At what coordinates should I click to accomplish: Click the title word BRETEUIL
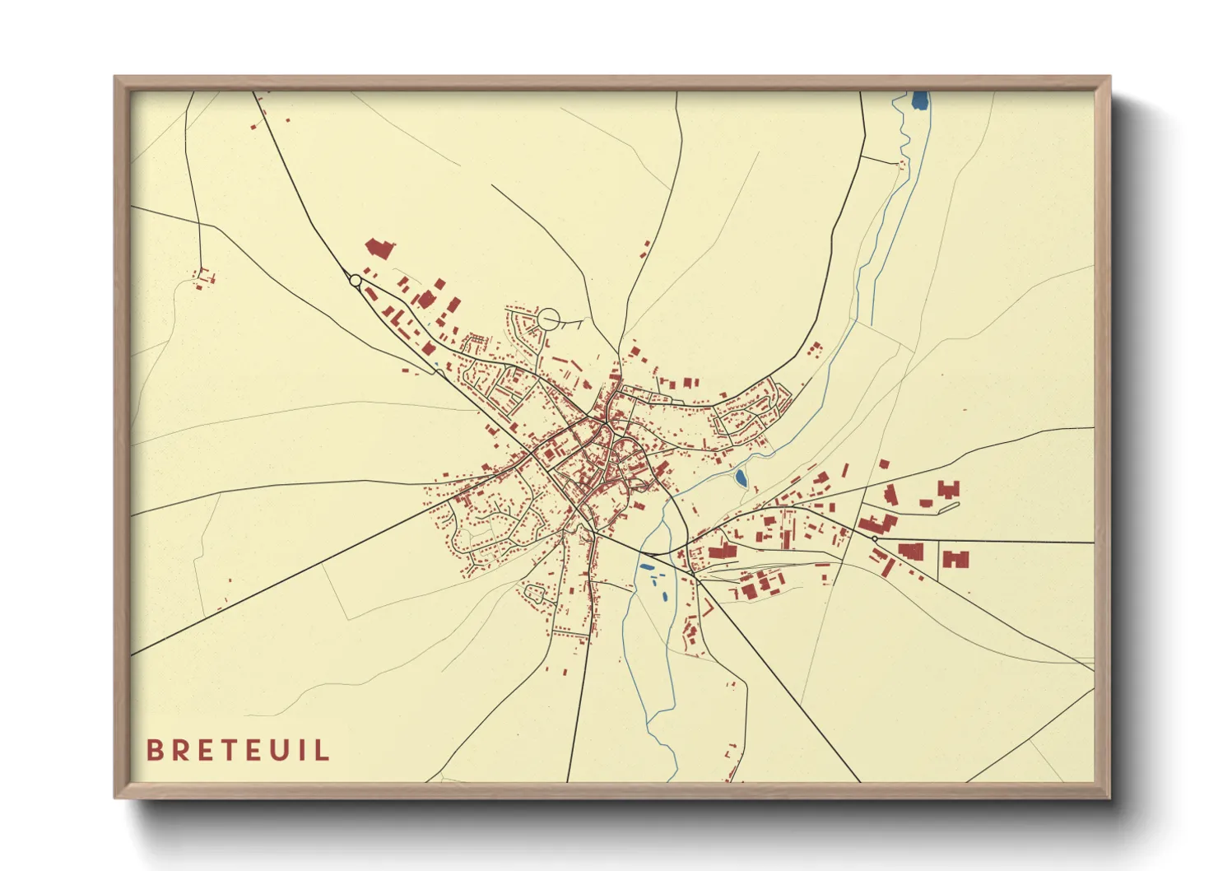coord(238,751)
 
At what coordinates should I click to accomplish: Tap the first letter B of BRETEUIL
coord(153,751)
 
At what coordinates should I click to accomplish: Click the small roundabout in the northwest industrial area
coord(356,281)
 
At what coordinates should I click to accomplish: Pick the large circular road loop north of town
coord(548,319)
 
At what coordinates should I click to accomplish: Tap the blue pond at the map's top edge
coord(919,101)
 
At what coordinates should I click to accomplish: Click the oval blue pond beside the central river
coord(740,477)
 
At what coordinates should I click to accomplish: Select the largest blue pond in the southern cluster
coord(646,567)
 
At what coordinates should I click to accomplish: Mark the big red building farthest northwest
coord(379,248)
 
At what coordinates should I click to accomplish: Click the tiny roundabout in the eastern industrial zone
coord(874,538)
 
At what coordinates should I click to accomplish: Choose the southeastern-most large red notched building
coord(955,560)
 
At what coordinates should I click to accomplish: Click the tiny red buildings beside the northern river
coord(901,165)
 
